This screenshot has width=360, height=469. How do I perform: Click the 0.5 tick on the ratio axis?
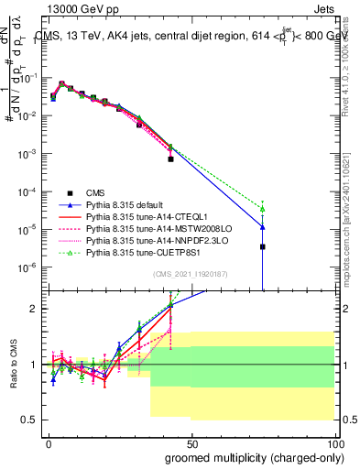[28, 420]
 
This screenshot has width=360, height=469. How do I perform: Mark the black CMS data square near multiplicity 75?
[262, 246]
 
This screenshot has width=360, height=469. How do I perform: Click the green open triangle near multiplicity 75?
[262, 209]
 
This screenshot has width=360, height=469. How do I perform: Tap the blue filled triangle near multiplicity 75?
[262, 227]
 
